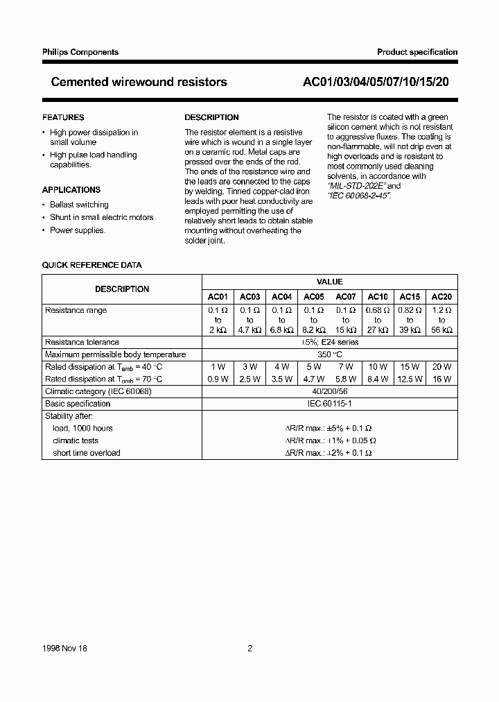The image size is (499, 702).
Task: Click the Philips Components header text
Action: (80, 52)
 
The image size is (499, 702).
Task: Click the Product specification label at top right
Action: (417, 52)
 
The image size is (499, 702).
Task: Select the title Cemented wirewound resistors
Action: (139, 82)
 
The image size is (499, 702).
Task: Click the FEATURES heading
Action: (63, 118)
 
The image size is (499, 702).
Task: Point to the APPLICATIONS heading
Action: (71, 190)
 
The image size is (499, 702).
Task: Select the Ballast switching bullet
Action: (79, 205)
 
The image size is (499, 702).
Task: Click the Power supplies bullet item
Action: (78, 230)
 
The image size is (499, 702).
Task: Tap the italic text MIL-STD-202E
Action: (358, 186)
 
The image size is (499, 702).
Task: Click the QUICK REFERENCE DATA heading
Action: (91, 265)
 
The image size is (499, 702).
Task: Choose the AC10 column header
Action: (378, 296)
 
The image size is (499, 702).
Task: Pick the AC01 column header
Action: (218, 296)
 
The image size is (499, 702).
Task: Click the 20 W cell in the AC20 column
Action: (441, 366)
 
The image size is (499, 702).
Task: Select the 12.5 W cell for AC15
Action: (410, 379)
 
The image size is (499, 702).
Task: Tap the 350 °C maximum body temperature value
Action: (329, 354)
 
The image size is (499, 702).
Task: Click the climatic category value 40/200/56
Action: (329, 391)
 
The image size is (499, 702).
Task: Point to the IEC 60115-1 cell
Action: (329, 404)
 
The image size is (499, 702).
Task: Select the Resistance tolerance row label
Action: (82, 342)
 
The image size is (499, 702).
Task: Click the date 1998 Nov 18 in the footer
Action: (64, 649)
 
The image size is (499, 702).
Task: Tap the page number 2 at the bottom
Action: (249, 649)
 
